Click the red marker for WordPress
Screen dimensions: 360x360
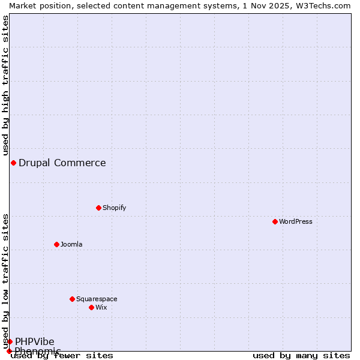pyautogui.click(x=275, y=221)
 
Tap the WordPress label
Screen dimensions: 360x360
pyautogui.click(x=295, y=221)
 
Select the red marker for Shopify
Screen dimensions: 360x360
pyautogui.click(x=98, y=208)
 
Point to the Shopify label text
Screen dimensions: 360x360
pyautogui.click(x=114, y=208)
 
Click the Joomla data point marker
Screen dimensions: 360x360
pyautogui.click(x=56, y=244)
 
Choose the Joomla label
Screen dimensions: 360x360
pyautogui.click(x=71, y=244)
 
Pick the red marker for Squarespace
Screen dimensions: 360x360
pyautogui.click(x=72, y=299)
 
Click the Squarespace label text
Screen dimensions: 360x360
pyautogui.click(x=97, y=299)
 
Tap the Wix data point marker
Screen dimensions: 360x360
pyautogui.click(x=91, y=307)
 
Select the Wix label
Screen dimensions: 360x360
pyautogui.click(x=101, y=307)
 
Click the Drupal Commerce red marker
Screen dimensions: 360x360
pyautogui.click(x=13, y=163)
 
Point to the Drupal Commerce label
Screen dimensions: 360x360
pyautogui.click(x=62, y=163)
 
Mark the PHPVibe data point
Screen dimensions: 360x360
pyautogui.click(x=10, y=341)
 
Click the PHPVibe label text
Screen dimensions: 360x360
pyautogui.click(x=35, y=341)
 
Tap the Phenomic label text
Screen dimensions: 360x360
pyautogui.click(x=38, y=351)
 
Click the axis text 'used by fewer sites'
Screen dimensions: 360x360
pyautogui.click(x=62, y=356)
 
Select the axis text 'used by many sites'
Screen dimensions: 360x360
pyautogui.click(x=301, y=356)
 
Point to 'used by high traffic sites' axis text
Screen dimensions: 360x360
pyautogui.click(x=5, y=86)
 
